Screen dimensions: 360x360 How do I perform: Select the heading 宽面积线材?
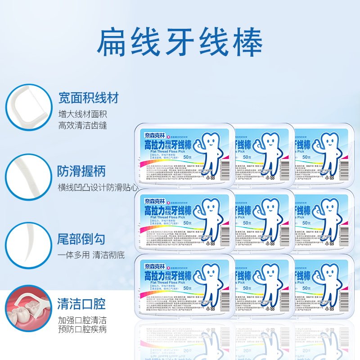88,98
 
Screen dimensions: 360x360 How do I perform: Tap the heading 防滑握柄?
81,171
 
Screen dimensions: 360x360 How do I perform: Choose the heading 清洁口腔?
81,304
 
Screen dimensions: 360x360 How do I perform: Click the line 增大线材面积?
83,113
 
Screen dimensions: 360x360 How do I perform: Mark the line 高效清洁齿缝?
83,125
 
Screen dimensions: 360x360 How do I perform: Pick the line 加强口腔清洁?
83,320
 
